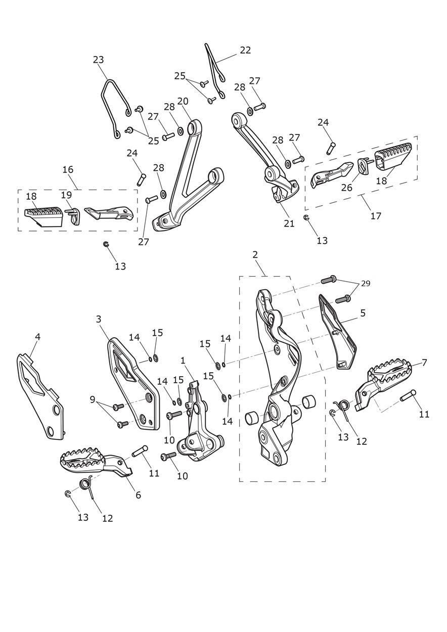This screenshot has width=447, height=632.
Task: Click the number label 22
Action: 245,50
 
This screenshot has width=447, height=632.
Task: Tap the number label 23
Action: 98,60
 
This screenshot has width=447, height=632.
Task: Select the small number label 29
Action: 366,284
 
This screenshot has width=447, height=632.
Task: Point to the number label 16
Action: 68,169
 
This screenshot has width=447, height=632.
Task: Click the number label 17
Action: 376,216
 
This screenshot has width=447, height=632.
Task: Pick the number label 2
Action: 255,255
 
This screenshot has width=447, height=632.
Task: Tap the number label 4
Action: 37,337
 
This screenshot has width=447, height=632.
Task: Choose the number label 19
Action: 66,195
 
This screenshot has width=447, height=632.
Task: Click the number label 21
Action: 289,223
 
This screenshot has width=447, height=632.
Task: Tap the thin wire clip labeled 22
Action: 215,71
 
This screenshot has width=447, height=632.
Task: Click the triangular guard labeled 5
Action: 339,334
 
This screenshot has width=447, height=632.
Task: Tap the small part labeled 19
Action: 73,215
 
